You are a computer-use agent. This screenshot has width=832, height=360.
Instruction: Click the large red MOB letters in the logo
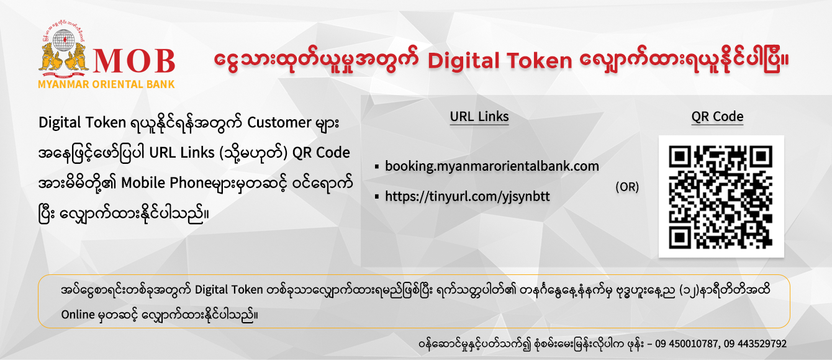[134, 60]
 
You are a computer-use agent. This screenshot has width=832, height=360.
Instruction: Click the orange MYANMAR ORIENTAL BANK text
[106, 84]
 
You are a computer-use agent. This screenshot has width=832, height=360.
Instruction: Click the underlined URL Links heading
[479, 117]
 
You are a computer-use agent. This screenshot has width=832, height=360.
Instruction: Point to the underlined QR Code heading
[717, 117]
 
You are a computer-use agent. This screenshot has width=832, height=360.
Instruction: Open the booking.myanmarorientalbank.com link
[492, 166]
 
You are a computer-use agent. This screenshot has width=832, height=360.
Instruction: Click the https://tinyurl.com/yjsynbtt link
[467, 197]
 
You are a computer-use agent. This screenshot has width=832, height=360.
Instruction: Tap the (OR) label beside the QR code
[626, 187]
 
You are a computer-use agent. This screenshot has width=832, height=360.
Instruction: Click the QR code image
[721, 196]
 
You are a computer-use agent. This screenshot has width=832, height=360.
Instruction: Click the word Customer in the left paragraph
[278, 122]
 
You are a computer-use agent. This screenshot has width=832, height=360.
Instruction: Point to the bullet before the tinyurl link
[377, 197]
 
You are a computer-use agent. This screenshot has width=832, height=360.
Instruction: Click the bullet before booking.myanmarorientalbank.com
[377, 167]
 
